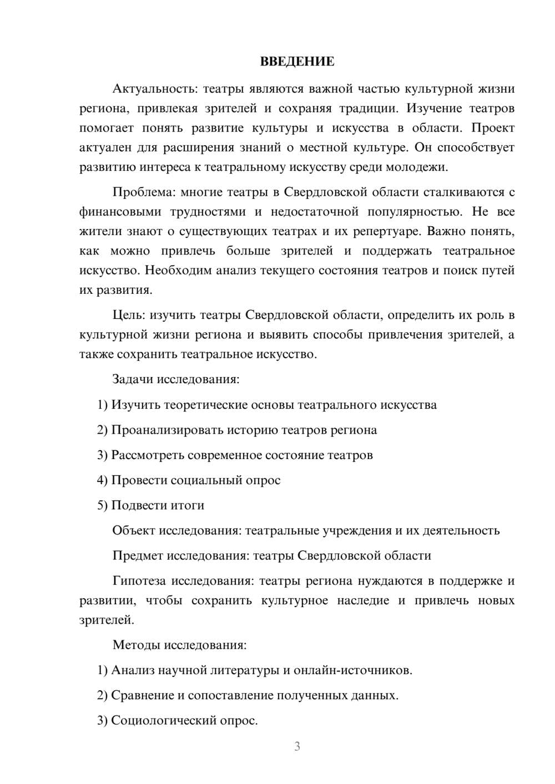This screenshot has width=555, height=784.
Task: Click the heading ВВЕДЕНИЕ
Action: point(297,62)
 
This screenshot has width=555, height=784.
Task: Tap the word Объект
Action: point(133,531)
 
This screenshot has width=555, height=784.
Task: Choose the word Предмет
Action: point(137,556)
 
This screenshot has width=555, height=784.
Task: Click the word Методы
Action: point(136,645)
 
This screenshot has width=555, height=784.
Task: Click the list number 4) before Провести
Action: point(102,480)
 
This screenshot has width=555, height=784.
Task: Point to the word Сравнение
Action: point(142,695)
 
